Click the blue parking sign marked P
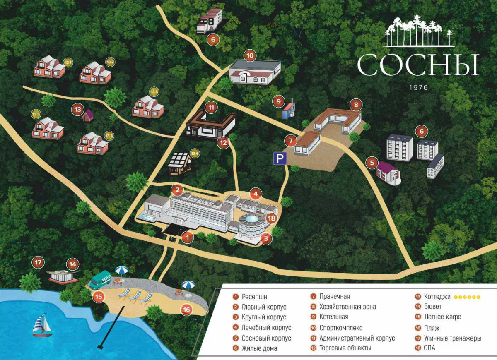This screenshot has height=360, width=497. click(x=280, y=158)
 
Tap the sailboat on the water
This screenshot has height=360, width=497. click(x=42, y=325)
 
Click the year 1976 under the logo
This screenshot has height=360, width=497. click(x=418, y=88)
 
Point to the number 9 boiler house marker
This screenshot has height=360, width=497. click(x=279, y=101)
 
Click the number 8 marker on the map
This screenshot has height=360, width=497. click(x=355, y=104)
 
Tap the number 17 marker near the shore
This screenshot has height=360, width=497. click(x=39, y=262)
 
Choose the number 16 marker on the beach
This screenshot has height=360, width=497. click(x=186, y=309)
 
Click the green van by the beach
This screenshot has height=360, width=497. click(x=100, y=280)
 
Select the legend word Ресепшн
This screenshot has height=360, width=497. click(x=254, y=297)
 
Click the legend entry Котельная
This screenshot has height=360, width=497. click(x=333, y=317)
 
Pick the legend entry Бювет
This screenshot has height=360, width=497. click(x=433, y=307)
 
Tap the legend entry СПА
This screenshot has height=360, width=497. click(x=429, y=348)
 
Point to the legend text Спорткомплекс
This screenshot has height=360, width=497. click(x=341, y=328)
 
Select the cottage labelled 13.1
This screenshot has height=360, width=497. click(x=49, y=67)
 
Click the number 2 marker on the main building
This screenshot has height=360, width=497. click(x=177, y=190)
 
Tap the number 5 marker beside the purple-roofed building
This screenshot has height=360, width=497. click(x=372, y=163)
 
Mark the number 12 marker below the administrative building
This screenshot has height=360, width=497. click(x=223, y=143)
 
